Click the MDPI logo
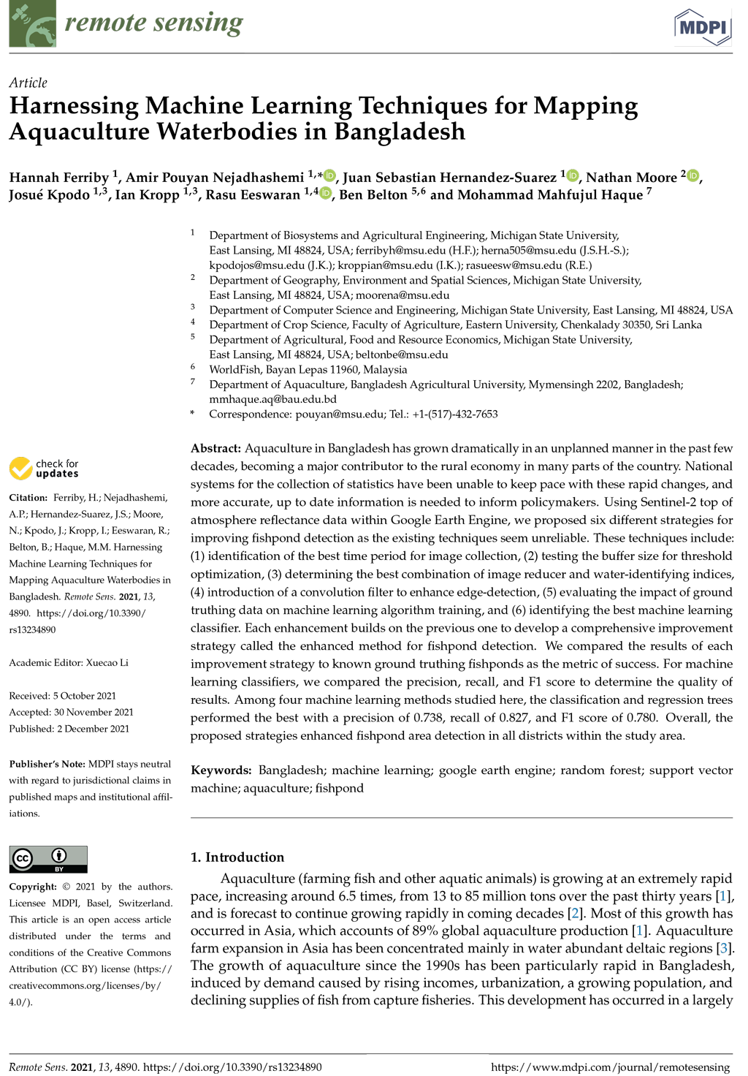point(702,27)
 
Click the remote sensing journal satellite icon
point(32,23)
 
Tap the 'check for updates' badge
point(44,469)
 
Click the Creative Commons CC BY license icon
point(48,859)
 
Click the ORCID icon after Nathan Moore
point(693,175)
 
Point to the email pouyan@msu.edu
point(339,414)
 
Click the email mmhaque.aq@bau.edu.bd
point(272,399)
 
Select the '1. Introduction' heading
point(237,857)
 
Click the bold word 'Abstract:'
point(215,448)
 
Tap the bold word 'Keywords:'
point(221,770)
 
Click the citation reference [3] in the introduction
point(725,948)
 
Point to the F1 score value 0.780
point(642,717)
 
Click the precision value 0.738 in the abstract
point(427,717)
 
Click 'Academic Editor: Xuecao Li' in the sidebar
point(69,662)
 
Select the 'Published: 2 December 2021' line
point(69,728)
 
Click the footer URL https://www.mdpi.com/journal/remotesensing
point(610,1066)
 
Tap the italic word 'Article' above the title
point(28,83)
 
